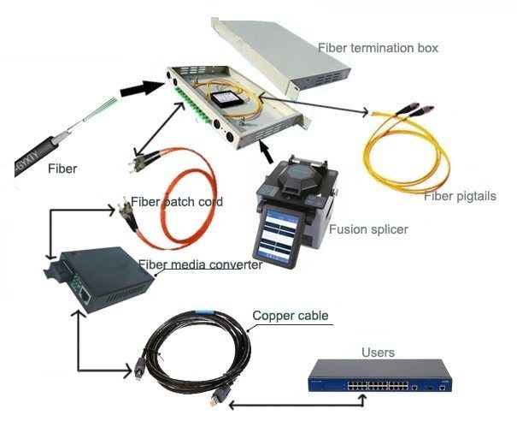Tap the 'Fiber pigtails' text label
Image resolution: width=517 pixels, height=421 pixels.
tap(459, 196)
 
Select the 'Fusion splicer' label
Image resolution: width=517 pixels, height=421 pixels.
tap(368, 229)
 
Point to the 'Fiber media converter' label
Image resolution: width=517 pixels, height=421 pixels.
tap(200, 265)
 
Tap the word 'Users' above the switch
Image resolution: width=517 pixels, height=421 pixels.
tap(379, 352)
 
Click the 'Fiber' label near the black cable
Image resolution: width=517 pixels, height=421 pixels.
tap(62, 169)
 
